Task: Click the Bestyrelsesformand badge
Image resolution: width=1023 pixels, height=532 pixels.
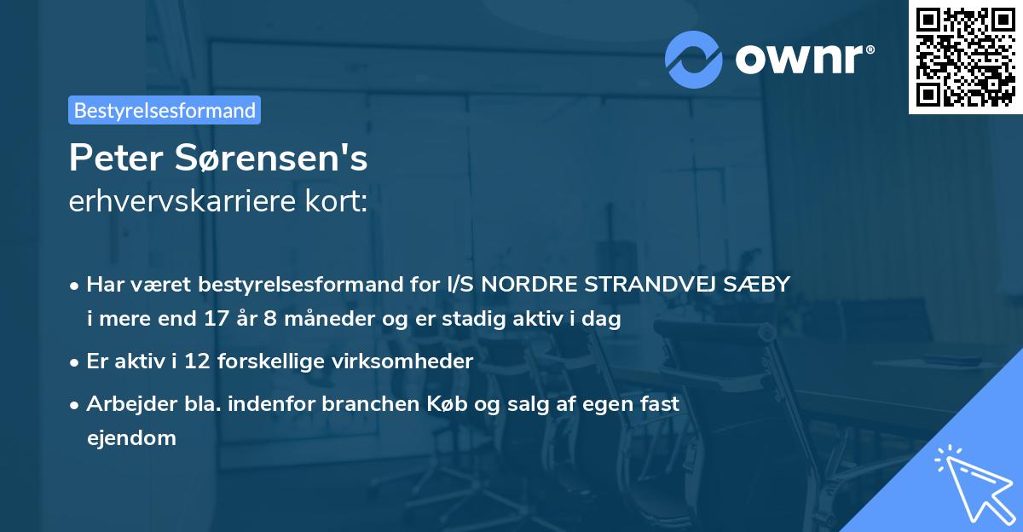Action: coord(165,110)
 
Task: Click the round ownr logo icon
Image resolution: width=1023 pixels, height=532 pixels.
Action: coord(693,59)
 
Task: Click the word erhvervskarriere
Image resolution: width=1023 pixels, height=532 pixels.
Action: coord(176,201)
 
